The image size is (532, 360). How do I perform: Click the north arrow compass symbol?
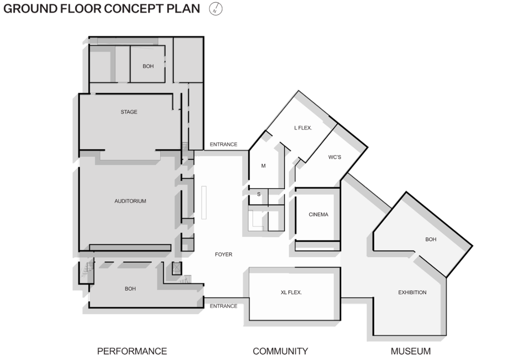coord(215,9)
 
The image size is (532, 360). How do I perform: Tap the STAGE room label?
coord(129,112)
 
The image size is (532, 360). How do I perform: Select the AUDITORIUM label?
coord(130,201)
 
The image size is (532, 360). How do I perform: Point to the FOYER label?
coord(224,254)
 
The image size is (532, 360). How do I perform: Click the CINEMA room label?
coord(318,214)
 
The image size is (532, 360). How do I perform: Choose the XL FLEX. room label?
coord(291,292)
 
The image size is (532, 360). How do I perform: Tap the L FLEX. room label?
coord(303,128)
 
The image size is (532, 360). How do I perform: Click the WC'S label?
coord(334,157)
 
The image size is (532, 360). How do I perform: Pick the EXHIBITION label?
coord(412,292)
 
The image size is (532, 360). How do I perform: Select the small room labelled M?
coord(263,166)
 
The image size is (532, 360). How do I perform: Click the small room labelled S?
coord(259,194)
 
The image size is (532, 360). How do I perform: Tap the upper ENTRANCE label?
coord(224,144)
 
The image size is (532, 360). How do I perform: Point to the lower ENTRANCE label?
coord(224,306)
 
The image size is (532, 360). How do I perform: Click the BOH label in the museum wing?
coord(431,239)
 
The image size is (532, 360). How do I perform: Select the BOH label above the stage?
coord(148,67)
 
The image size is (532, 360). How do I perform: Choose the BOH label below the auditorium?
coord(130,289)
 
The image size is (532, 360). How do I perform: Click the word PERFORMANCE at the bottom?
coord(132,351)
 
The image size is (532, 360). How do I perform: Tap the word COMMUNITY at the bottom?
coord(280,351)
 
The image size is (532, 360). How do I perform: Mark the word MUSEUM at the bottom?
coord(410,351)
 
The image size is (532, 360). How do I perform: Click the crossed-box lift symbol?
coord(177,268)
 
